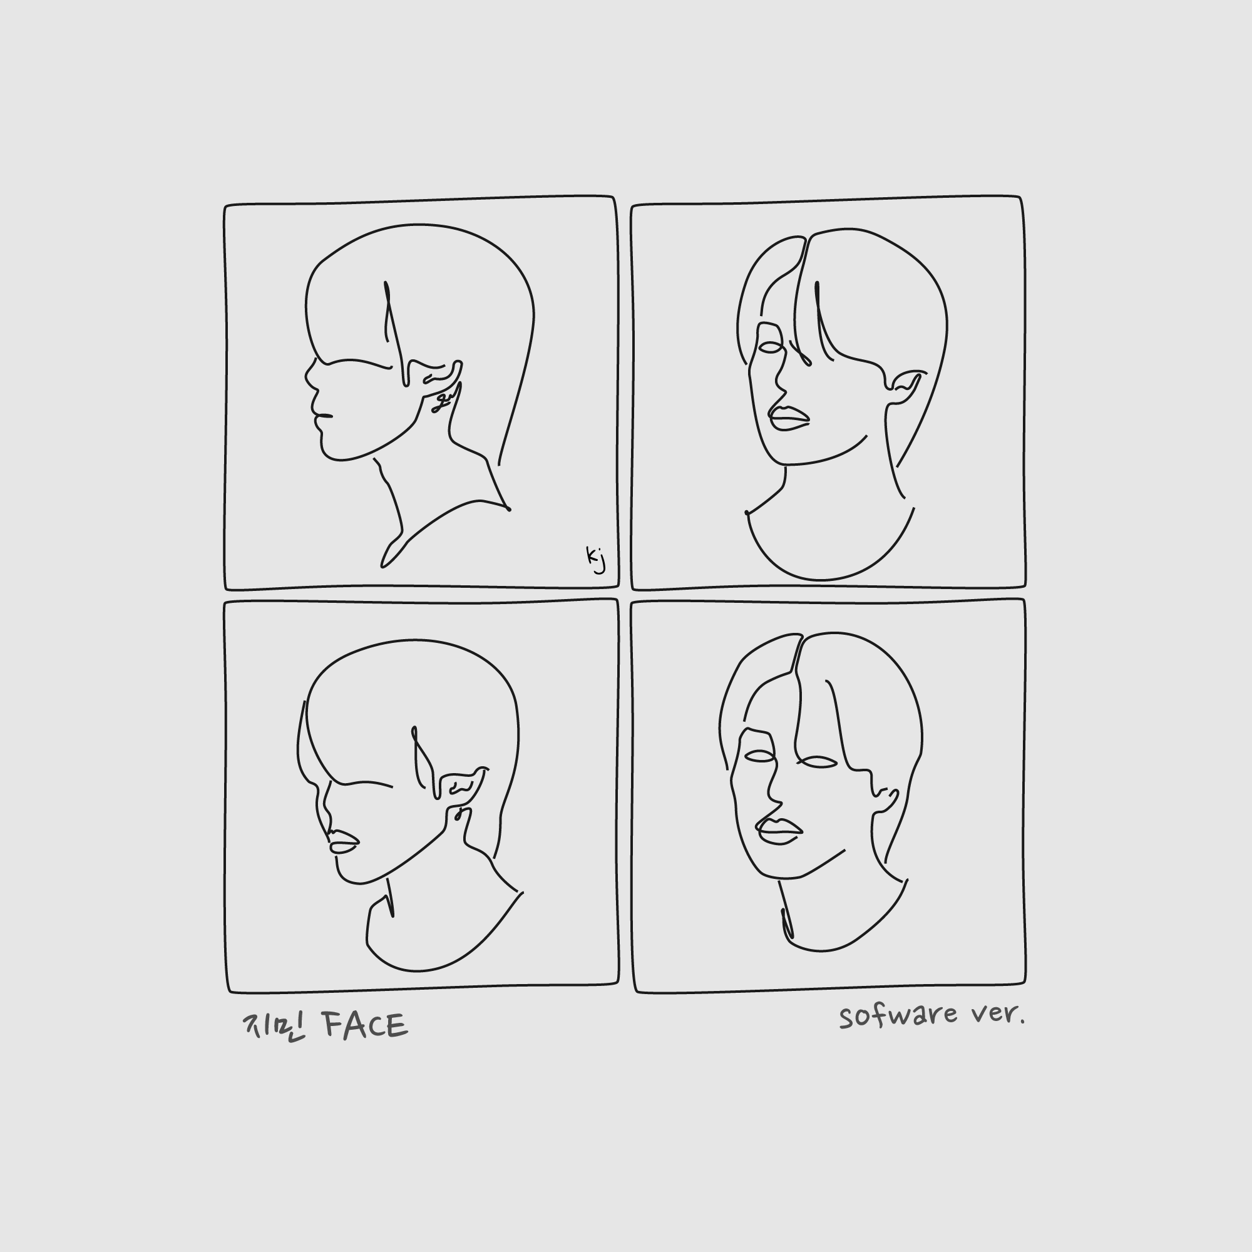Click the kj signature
tap(595, 559)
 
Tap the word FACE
tap(366, 1025)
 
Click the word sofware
tap(898, 1015)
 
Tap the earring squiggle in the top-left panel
tap(443, 401)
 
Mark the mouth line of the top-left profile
tap(323, 416)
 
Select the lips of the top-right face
tap(789, 418)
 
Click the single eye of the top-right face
tap(771, 348)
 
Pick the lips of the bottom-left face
tap(344, 842)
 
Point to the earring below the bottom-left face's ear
tap(459, 814)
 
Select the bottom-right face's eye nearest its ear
tap(816, 762)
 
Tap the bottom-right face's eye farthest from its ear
tap(759, 756)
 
